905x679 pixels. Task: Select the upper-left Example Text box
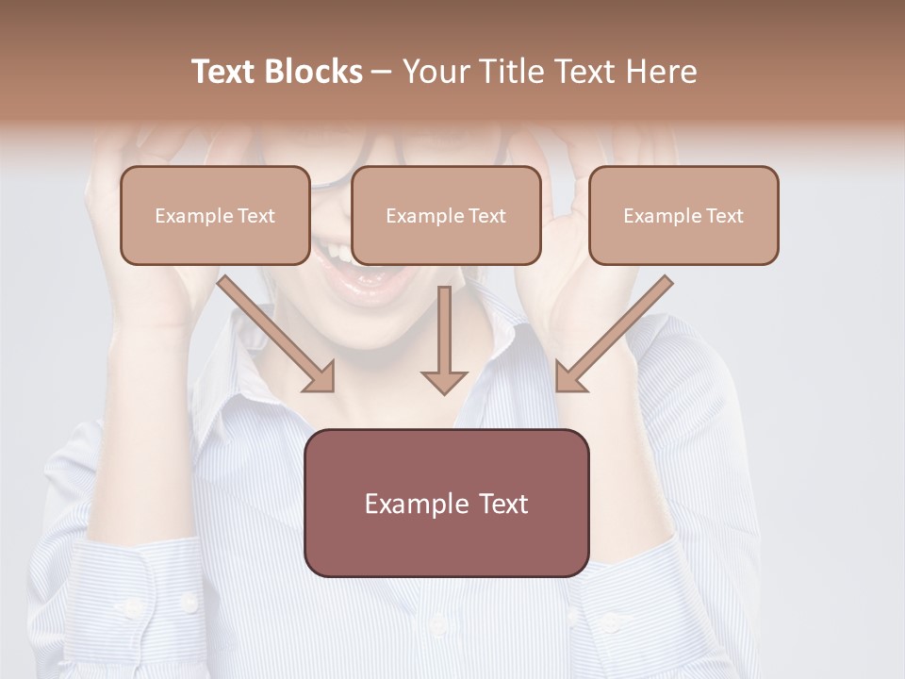[215, 215]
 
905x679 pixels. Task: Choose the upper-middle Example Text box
[446, 215]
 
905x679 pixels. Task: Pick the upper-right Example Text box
[683, 215]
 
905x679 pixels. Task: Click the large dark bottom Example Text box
[446, 503]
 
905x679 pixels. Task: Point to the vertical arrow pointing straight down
[444, 339]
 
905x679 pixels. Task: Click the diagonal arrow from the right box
[614, 334]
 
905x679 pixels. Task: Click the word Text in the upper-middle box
[486, 216]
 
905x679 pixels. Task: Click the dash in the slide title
[382, 73]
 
